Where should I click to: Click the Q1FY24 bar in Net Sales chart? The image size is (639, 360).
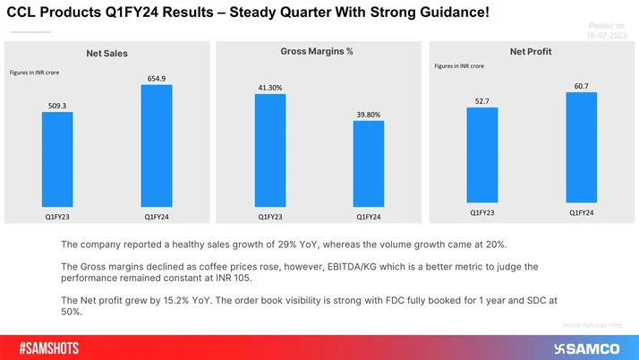click(157, 148)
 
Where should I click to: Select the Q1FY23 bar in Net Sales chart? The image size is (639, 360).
click(57, 161)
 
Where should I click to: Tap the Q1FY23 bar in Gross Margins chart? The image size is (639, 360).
click(270, 151)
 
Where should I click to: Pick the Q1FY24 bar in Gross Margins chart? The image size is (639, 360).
click(368, 165)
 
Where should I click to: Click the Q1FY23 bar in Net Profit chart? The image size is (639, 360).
click(482, 156)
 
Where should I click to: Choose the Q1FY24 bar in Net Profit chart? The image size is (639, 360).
click(581, 148)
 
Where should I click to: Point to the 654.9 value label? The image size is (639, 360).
click(157, 79)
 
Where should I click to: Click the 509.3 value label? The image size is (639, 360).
click(57, 105)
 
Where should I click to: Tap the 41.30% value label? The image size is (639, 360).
click(270, 87)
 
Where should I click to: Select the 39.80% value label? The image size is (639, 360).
click(368, 114)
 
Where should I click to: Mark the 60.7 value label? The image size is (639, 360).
click(581, 85)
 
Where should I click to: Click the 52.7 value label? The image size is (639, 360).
click(482, 101)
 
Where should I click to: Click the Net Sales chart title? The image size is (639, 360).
click(106, 54)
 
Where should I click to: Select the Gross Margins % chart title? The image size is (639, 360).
click(311, 52)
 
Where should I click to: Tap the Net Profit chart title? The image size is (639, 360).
click(531, 52)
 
